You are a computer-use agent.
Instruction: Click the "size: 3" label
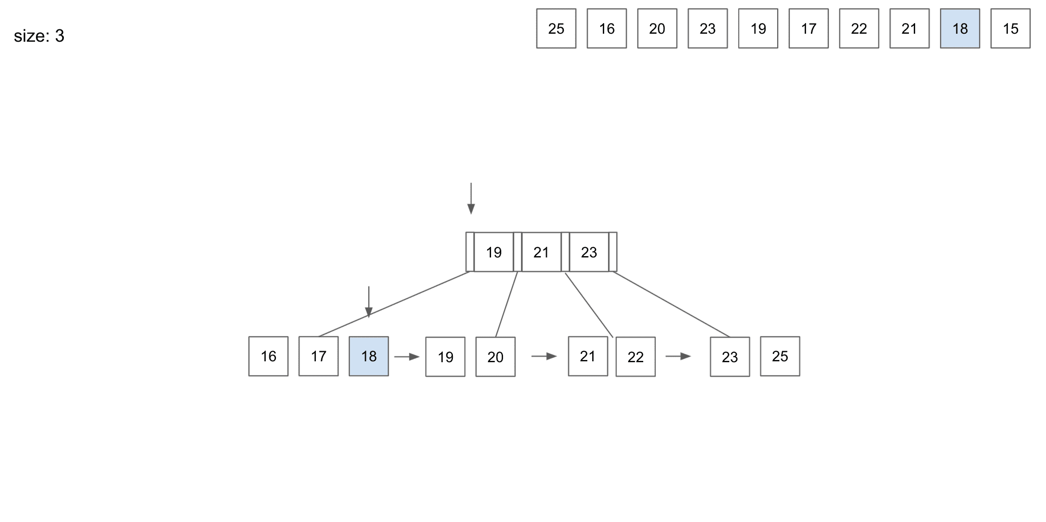click(x=39, y=36)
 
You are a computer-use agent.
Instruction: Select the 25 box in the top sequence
click(x=556, y=29)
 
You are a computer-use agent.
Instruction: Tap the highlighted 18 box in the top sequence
click(x=959, y=29)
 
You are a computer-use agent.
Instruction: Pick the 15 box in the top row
click(x=1010, y=29)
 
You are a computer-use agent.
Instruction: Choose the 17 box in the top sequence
click(x=808, y=29)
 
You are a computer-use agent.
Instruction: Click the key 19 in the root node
click(x=493, y=252)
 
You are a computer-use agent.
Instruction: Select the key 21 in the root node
click(x=541, y=252)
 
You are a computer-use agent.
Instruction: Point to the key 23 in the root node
click(x=589, y=252)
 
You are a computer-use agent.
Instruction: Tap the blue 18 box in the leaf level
click(x=369, y=356)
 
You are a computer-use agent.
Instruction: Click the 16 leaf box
click(x=268, y=356)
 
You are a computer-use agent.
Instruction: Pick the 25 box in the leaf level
click(x=780, y=356)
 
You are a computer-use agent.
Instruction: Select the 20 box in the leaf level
click(x=495, y=357)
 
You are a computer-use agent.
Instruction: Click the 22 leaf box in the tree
click(x=635, y=357)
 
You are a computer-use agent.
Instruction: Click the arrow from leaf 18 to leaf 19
click(x=407, y=356)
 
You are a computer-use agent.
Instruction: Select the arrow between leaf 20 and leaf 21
click(x=544, y=356)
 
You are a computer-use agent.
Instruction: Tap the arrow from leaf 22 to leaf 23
click(x=678, y=356)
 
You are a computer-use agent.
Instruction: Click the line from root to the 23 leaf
click(x=671, y=304)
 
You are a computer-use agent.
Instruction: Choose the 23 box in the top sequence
click(x=708, y=29)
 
